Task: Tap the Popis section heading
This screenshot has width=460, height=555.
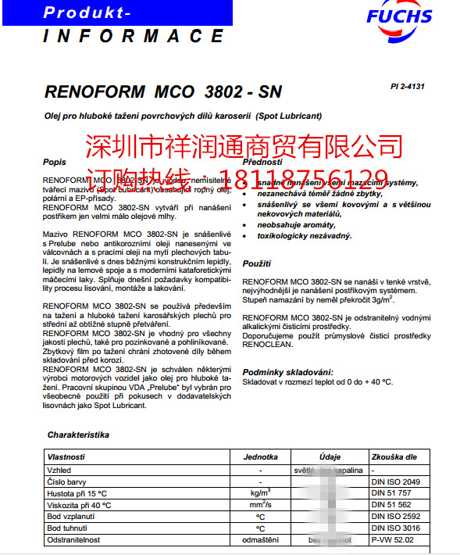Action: coord(55,162)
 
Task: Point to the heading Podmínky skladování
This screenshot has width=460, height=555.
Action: coord(288,371)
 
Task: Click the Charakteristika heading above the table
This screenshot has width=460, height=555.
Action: coord(78,434)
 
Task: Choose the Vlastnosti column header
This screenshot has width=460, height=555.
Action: coord(66,457)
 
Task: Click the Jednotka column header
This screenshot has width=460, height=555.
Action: coord(260,457)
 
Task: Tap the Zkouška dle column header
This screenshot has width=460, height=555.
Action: coord(395,457)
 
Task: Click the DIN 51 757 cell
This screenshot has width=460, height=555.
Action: coord(393,493)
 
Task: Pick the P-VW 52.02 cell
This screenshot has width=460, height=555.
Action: coord(393,540)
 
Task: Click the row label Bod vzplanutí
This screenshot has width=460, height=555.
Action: coord(72,517)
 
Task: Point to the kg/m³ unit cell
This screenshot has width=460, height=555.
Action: coord(260,493)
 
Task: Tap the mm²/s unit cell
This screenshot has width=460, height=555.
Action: coord(260,505)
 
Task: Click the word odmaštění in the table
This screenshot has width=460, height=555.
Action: coord(260,540)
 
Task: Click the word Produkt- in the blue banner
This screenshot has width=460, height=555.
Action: coord(87,13)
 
